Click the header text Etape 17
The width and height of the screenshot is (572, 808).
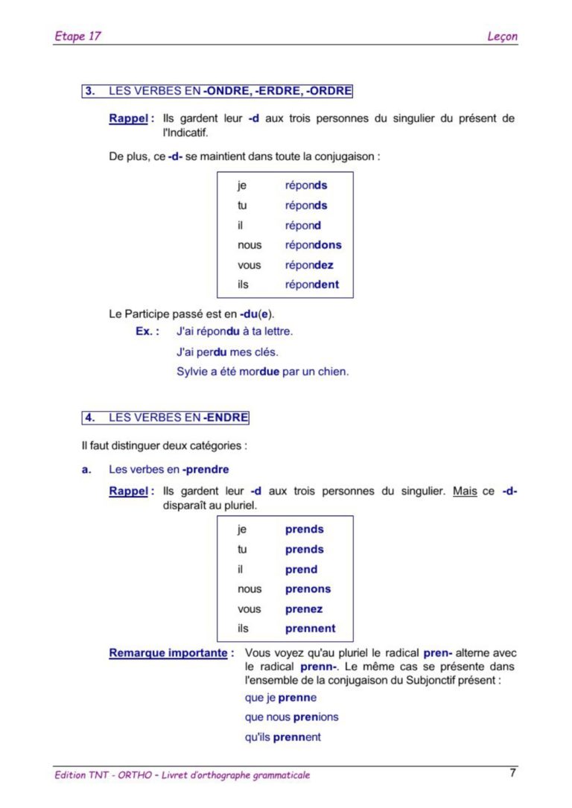point(77,36)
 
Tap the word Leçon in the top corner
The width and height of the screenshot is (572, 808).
point(503,36)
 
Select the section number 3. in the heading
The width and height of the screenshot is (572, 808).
point(90,92)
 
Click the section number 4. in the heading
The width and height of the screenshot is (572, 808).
point(90,418)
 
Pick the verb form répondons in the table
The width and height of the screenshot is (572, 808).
point(313,245)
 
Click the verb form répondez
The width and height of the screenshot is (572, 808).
point(309,265)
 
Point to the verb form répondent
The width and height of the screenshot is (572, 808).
point(311,284)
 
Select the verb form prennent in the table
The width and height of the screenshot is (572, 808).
point(310,629)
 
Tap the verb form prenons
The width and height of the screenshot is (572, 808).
point(308,589)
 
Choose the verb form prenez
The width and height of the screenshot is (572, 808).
point(303,609)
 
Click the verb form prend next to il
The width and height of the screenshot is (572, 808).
point(301,570)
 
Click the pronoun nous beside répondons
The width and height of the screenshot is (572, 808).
point(250,245)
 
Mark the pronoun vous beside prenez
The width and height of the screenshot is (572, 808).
point(250,609)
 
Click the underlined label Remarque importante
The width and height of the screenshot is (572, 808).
point(168,653)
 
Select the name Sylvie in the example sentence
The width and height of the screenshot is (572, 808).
point(193,371)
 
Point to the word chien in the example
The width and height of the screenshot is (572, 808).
point(332,371)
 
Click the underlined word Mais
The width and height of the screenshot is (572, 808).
point(465,492)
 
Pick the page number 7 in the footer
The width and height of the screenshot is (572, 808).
point(512,773)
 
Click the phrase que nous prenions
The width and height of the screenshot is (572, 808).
point(291,717)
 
